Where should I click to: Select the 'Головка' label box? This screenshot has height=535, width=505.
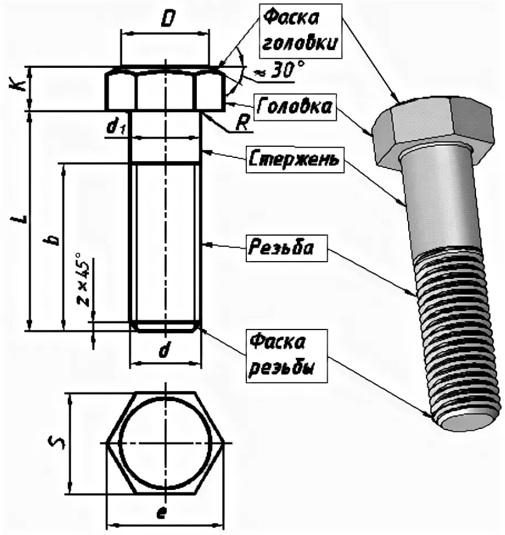[x=294, y=107]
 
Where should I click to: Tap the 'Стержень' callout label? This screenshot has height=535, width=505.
[x=294, y=159]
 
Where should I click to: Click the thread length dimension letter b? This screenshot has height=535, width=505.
[x=54, y=238]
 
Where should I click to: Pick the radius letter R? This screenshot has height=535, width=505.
[x=243, y=123]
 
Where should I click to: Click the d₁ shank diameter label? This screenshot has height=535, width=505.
[x=115, y=127]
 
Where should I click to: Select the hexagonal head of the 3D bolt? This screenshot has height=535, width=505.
[x=432, y=131]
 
